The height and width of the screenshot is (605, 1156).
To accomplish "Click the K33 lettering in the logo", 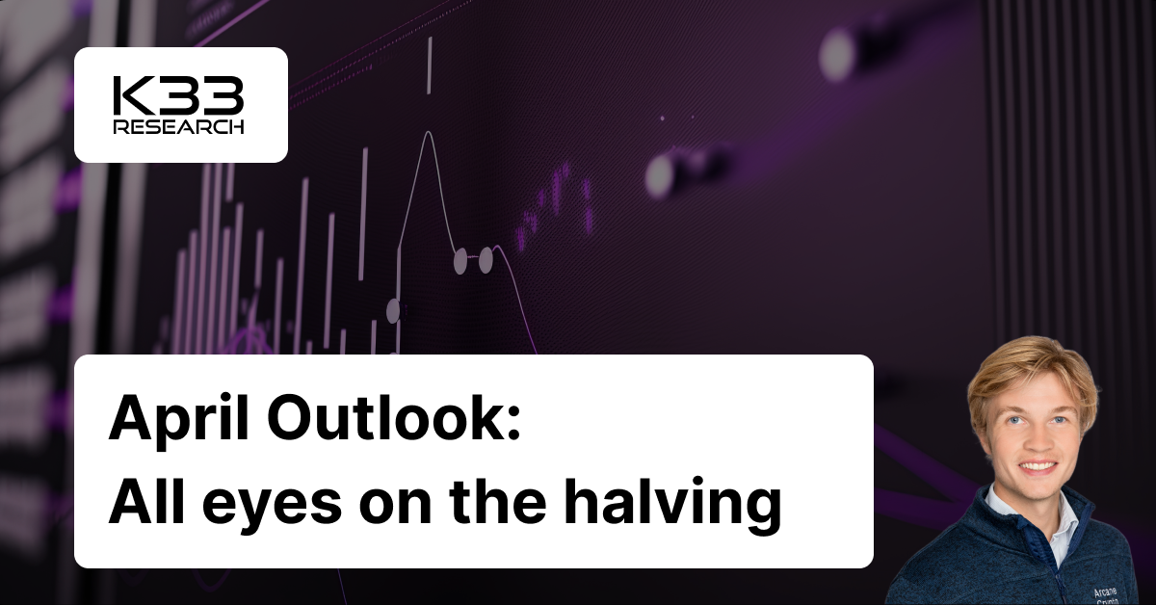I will click(x=178, y=96).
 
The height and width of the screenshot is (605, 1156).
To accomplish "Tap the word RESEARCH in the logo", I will click(x=178, y=127).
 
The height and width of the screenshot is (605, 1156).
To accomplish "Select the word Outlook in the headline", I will click(x=379, y=422).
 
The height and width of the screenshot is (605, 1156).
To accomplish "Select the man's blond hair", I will click(x=1031, y=371).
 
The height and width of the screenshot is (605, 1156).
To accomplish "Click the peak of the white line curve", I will click(x=427, y=132).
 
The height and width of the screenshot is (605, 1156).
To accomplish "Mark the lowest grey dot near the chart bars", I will click(x=392, y=310).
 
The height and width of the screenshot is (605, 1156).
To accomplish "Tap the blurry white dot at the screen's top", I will click(x=836, y=54).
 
